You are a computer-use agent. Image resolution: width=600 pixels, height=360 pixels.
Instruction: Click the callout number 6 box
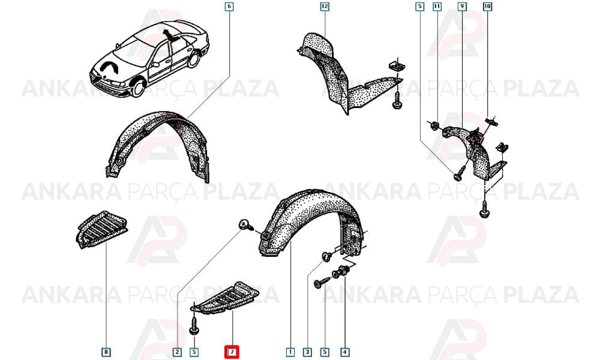[x=229, y=7]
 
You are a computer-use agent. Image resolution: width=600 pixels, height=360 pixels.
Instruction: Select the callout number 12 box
[x=325, y=7]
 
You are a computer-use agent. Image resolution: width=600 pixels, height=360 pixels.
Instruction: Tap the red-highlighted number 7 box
[x=232, y=352]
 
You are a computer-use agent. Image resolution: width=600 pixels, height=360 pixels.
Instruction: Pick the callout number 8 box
[x=106, y=352]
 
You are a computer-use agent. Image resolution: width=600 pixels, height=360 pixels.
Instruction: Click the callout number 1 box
[x=290, y=352]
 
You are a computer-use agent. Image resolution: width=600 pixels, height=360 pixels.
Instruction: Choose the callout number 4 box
[x=345, y=352]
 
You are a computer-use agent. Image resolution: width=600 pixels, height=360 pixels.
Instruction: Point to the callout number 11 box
[x=437, y=7]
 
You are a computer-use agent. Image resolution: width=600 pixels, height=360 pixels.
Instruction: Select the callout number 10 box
[x=487, y=7]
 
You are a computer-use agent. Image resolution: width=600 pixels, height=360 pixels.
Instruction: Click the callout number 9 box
[x=462, y=7]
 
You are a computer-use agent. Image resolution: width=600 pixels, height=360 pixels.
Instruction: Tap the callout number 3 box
[x=307, y=352]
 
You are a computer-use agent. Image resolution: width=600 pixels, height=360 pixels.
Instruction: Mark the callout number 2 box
[x=177, y=352]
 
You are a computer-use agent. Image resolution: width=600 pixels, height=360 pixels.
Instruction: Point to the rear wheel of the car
[x=194, y=59]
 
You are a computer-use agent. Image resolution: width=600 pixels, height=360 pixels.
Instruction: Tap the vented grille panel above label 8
[x=101, y=230]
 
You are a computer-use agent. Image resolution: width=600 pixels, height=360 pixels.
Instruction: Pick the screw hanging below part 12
[x=397, y=100]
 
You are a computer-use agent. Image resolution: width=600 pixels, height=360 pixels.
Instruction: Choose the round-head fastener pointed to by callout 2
[x=245, y=226]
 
